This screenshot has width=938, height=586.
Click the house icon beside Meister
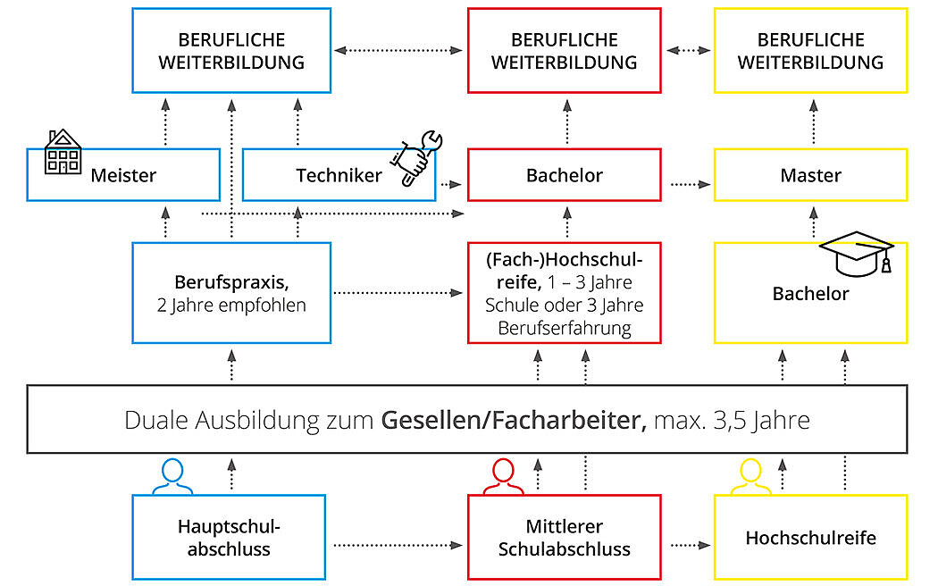tap(63, 152)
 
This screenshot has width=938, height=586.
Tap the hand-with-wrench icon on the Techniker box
tap(417, 158)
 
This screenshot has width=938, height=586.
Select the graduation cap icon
tap(857, 254)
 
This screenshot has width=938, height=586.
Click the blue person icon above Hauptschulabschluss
tap(172, 477)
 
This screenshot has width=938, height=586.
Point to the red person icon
tap(503, 477)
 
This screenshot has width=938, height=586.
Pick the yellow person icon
tap(750, 477)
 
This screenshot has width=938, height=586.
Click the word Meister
tap(123, 175)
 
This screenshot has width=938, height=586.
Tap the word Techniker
tap(339, 175)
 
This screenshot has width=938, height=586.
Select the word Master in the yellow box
tap(810, 175)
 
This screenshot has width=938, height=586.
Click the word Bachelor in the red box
tap(564, 175)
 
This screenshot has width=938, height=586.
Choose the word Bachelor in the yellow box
tap(810, 294)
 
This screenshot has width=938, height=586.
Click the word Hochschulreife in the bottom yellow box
tap(810, 538)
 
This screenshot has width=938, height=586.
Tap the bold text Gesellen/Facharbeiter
tap(514, 420)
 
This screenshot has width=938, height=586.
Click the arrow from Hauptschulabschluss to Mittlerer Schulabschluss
tap(398, 545)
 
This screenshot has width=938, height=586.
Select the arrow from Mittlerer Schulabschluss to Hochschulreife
tap(691, 545)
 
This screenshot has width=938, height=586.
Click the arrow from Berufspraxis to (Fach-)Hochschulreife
tap(398, 292)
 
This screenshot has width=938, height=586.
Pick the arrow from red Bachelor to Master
tap(691, 184)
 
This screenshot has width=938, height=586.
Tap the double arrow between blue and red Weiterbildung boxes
tap(398, 50)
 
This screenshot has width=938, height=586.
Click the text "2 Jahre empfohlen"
tap(231, 305)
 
